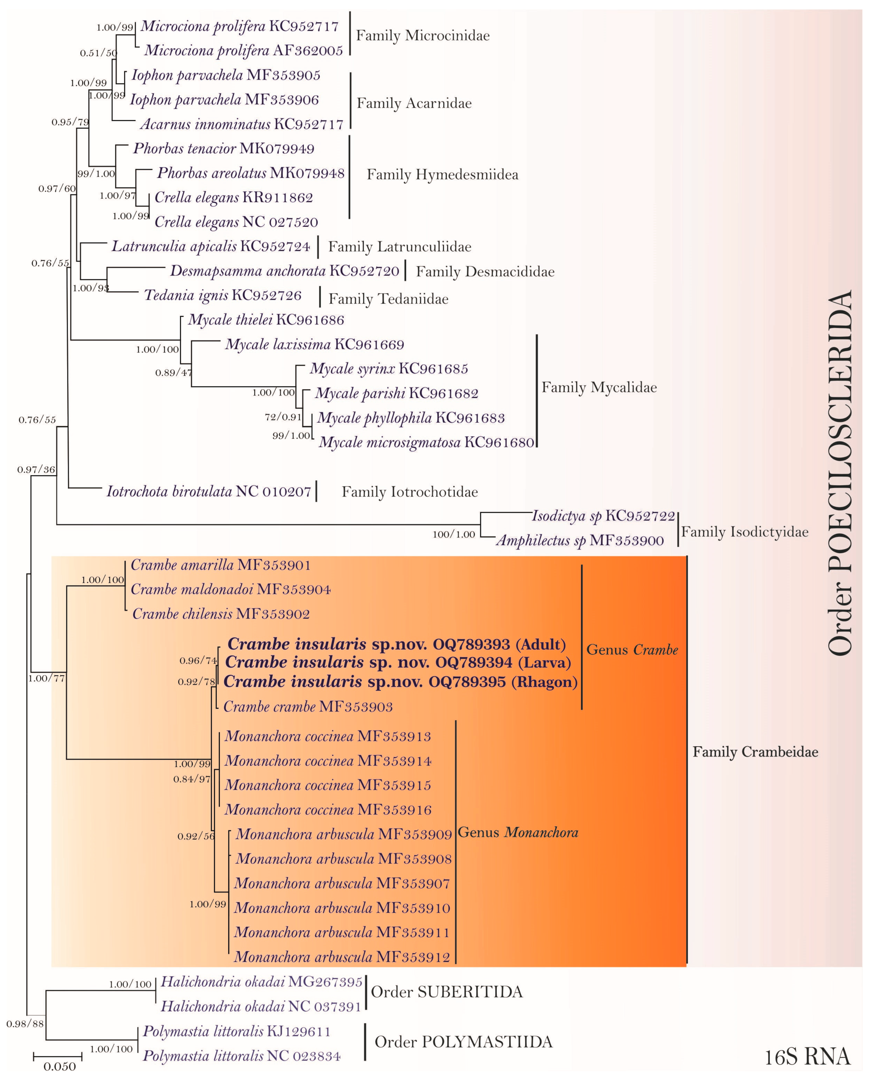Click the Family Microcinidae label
click(x=422, y=36)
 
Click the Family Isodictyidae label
click(x=745, y=532)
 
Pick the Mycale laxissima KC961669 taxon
click(x=315, y=345)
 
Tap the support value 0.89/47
click(x=173, y=373)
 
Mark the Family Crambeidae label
click(x=755, y=752)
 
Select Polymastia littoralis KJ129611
click(x=237, y=1031)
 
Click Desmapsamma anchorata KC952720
click(x=284, y=271)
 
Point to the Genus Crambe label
click(x=632, y=650)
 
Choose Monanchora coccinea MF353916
click(x=328, y=810)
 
